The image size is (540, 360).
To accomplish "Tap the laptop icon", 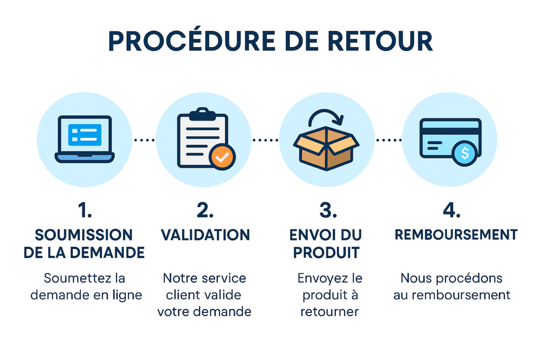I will [85, 139].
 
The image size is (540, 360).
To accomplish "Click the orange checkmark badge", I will [222, 157].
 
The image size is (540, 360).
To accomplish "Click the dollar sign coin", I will [465, 154].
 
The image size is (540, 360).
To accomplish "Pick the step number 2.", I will [205, 211].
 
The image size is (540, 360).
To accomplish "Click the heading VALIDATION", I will [205, 234].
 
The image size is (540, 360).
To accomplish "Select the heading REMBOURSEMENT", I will [456, 234].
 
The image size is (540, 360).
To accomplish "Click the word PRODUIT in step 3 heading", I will [326, 252].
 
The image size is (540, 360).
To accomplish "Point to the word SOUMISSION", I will [84, 234].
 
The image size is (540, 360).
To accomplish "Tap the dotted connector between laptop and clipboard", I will [144, 140].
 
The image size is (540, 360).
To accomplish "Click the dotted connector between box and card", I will [388, 140].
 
